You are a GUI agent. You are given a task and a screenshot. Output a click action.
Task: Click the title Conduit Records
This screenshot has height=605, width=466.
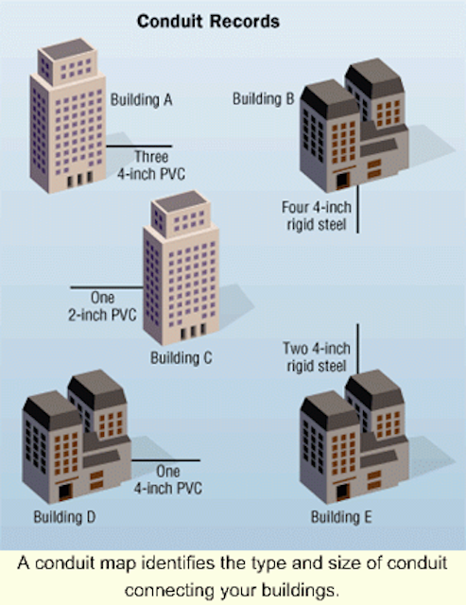click(208, 21)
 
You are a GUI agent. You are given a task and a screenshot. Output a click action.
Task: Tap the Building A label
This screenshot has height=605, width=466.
click(142, 100)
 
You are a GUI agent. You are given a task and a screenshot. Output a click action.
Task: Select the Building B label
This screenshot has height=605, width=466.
click(264, 98)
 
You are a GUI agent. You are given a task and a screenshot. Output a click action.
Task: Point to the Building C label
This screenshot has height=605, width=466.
click(181, 357)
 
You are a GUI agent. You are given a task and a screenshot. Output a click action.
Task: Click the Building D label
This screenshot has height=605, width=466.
click(64, 517)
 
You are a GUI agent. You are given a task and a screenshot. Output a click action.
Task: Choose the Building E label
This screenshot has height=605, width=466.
click(341, 517)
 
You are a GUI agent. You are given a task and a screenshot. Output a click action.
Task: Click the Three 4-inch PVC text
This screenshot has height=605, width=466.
click(151, 165)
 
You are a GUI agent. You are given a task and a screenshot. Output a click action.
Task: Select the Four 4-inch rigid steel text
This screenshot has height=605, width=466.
click(317, 216)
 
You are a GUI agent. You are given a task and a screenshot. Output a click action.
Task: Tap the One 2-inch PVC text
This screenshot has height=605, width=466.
click(103, 306)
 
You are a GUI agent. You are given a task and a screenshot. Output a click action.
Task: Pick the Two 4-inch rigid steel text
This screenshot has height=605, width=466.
click(317, 357)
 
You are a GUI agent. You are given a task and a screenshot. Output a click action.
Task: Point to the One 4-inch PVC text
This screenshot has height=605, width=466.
click(168, 479)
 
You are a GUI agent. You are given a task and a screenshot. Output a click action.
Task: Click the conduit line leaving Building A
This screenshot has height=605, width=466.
click(139, 147)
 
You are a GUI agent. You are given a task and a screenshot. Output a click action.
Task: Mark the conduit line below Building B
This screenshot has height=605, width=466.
click(357, 209)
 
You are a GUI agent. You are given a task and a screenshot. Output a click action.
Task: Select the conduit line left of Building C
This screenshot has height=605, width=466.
click(107, 287)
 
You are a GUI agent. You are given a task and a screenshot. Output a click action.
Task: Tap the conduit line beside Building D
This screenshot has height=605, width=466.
click(165, 460)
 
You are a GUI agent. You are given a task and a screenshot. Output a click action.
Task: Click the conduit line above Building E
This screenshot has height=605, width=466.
click(357, 349)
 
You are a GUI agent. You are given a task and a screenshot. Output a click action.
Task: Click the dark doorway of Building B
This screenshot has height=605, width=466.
click(342, 181)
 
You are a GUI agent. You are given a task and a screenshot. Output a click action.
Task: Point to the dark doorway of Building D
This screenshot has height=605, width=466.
click(65, 492)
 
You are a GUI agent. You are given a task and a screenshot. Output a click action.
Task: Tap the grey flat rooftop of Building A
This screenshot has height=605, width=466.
click(68, 48)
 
